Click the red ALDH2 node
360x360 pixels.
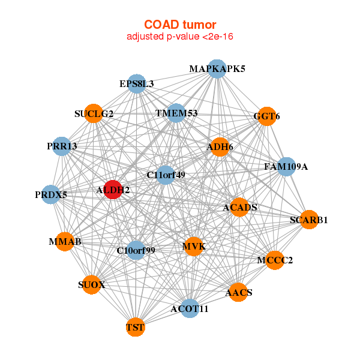coord(113,190)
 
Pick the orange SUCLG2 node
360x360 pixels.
coord(94,113)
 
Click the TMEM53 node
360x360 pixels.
coord(176,113)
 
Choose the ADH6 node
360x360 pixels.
coord(220,146)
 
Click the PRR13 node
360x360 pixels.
coord(62,146)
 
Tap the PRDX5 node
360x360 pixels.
coord(51,194)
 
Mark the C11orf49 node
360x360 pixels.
coord(166,175)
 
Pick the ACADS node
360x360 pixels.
coord(239,207)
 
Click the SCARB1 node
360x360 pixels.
coord(308,220)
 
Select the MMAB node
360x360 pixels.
coord(65,241)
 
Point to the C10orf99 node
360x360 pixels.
coord(136,250)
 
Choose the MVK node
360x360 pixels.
coord(194,246)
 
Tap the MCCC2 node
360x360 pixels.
coord(274,260)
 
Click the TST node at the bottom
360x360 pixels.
coord(135,328)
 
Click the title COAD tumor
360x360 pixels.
coord(179,25)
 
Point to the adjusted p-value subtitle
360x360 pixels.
coord(179,37)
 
